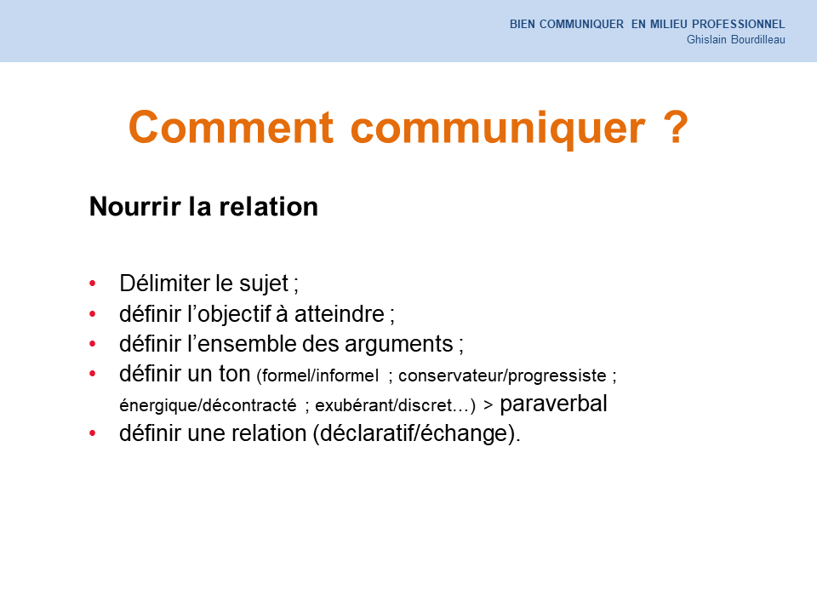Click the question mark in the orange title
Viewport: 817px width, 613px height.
point(676,127)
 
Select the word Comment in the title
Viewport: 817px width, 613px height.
point(231,127)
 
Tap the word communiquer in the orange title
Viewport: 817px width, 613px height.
point(498,130)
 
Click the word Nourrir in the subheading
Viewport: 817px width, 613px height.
point(135,206)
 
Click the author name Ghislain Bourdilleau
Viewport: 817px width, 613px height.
point(735,40)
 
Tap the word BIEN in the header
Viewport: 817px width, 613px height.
point(522,24)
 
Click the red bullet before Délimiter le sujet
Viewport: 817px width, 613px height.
point(93,284)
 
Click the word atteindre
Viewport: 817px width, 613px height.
point(340,314)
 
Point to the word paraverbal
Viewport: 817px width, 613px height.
point(553,404)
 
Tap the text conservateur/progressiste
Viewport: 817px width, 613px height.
point(502,375)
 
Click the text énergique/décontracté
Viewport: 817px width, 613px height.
point(208,405)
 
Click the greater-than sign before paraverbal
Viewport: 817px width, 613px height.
point(488,405)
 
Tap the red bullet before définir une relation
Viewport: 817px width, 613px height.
point(93,433)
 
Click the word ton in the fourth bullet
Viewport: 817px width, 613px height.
point(235,375)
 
